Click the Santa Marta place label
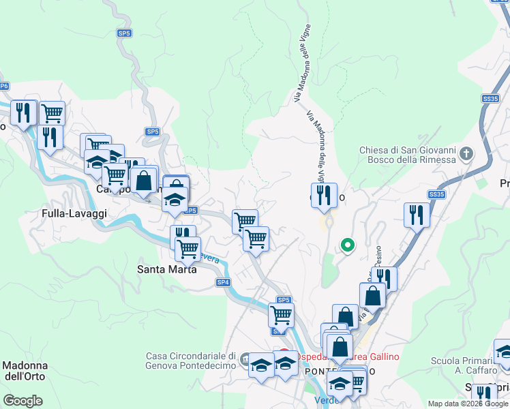click(167, 269)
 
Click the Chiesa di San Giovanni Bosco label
click(407, 155)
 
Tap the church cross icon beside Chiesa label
click(466, 153)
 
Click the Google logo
click(22, 400)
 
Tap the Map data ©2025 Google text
click(467, 404)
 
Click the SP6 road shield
click(4, 86)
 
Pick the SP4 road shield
click(223, 282)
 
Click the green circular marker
click(347, 245)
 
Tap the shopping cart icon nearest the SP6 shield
click(52, 112)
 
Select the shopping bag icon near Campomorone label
click(144, 181)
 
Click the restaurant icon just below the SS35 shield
click(416, 215)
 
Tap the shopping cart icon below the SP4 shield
click(280, 315)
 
